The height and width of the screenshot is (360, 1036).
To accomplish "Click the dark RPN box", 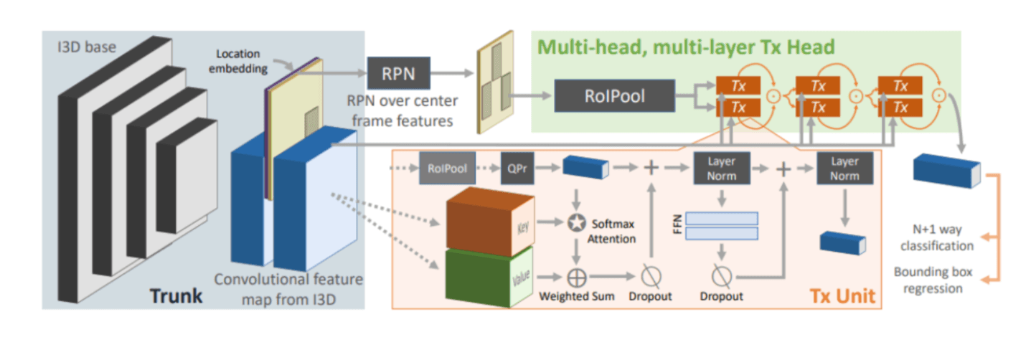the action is coord(399,73).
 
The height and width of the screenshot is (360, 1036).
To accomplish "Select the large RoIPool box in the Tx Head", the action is coord(615,95).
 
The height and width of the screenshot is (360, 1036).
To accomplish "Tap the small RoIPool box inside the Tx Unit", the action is coord(447,169).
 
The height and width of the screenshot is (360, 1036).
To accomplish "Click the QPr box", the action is coord(517,169).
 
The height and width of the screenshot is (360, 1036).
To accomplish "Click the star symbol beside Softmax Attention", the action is coord(576,223).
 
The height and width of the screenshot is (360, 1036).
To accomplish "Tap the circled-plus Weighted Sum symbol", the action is coord(577,278).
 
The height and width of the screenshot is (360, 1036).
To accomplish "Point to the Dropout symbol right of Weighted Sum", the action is coord(651,276).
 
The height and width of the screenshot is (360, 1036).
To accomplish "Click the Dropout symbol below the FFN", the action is coord(722,276).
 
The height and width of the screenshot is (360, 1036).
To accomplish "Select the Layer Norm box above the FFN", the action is coord(722,169).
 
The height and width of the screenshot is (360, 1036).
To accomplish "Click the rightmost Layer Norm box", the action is coord(844,169).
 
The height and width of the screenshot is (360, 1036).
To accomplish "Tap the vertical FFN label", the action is coord(677,224).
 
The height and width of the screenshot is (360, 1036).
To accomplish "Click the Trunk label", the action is coord(176,295).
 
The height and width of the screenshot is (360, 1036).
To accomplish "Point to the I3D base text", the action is coord(87,47).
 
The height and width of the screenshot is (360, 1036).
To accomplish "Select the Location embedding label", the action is coord(238,61).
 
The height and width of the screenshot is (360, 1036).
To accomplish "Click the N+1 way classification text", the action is coord(937,237).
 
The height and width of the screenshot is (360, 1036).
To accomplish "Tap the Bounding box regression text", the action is coord(933,280).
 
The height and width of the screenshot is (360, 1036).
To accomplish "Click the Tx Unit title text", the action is coord(843,295).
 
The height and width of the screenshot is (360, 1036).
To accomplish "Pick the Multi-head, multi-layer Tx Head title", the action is coord(686,47).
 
